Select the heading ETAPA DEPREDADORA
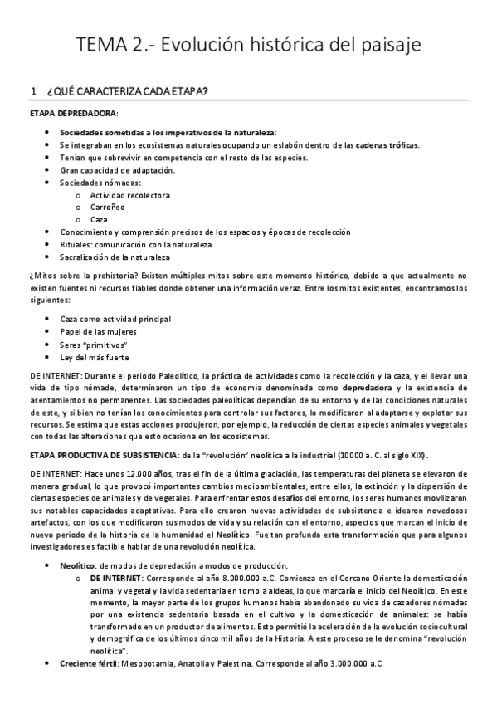coord(74,112)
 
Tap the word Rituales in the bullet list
coord(76,245)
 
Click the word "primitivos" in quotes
coord(105,345)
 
